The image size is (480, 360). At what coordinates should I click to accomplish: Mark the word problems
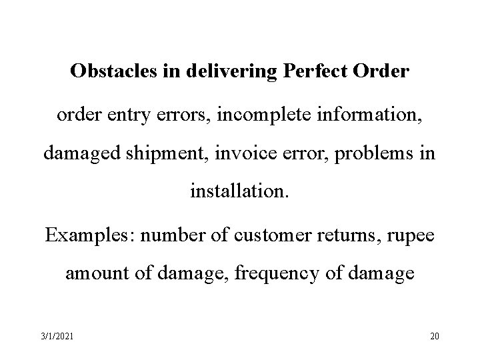[374, 154]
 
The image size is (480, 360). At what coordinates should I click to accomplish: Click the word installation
[239, 195]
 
